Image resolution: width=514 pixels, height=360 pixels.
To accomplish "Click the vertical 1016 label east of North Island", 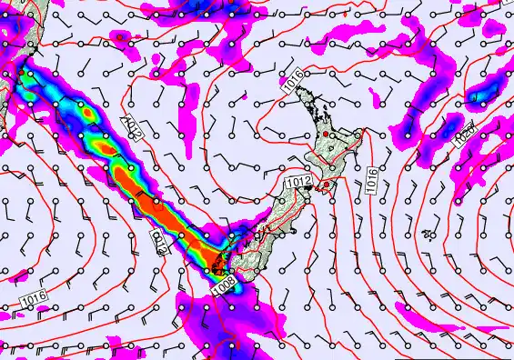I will [x=373, y=178].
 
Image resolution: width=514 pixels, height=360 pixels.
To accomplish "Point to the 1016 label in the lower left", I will [x=33, y=297].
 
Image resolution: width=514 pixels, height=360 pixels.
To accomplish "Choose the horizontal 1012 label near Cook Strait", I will [x=298, y=184].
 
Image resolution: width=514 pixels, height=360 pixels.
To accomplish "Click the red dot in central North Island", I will [x=324, y=135].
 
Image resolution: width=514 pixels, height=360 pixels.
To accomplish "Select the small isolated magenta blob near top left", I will [x=120, y=37].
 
